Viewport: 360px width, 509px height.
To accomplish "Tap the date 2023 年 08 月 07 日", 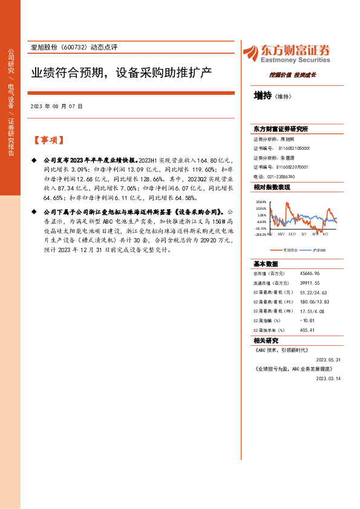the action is tap(56, 106).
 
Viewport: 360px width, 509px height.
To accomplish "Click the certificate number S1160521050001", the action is tap(294, 148).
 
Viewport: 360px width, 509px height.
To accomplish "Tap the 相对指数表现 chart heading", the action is tap(272, 187).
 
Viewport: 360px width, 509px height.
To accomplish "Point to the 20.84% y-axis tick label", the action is tap(261, 202).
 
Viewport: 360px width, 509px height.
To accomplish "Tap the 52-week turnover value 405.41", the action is tap(292, 330).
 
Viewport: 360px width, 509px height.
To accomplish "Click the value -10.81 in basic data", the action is tap(292, 320).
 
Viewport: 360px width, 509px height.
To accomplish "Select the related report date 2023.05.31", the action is tap(329, 358).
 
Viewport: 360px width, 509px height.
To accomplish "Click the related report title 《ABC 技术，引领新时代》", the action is tap(281, 349).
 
